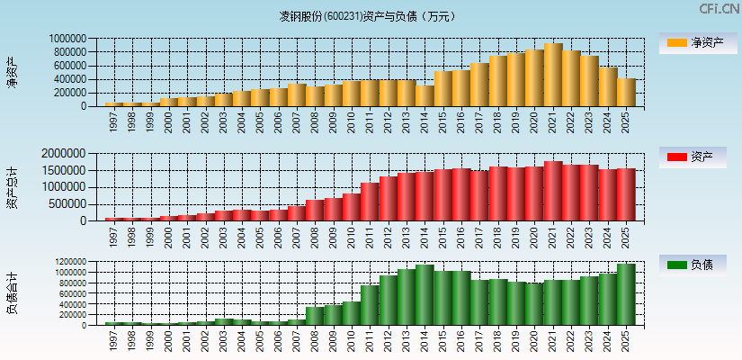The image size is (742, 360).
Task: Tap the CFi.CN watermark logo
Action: (719, 9)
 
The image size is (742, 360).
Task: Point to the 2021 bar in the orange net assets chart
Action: (553, 75)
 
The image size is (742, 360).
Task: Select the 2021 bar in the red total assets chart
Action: (553, 191)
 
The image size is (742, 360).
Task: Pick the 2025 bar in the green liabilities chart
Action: (626, 294)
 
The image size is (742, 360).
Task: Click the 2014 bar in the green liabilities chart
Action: (425, 294)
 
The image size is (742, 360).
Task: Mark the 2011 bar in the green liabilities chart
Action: (370, 305)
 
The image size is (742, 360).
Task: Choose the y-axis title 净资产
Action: (12, 72)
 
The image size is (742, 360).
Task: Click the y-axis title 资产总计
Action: (12, 187)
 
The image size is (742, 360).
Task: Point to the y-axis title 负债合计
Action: (12, 293)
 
